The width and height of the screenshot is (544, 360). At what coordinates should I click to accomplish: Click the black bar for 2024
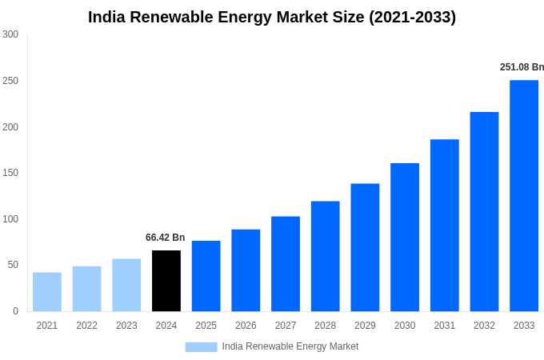pos(166,281)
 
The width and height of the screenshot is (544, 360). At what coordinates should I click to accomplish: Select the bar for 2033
pos(524,196)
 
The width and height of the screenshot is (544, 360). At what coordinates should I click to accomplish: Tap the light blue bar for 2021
pos(47,292)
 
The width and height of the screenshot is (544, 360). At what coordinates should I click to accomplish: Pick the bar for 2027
pos(286,264)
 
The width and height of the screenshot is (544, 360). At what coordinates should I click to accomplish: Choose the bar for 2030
pos(405,238)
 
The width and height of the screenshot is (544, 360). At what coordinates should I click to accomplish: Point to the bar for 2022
pos(86,289)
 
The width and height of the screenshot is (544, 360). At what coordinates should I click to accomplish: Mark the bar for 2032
pos(484,212)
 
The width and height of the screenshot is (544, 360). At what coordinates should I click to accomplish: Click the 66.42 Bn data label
pos(165,238)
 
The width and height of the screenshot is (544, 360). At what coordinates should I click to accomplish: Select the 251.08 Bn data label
pos(522,67)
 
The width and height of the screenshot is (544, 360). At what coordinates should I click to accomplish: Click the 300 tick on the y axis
pos(10,34)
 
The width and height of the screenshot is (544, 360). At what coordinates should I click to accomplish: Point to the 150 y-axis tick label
pos(10,173)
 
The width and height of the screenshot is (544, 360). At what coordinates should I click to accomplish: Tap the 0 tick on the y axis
pos(15,311)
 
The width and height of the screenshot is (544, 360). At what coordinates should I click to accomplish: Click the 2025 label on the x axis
pos(206,326)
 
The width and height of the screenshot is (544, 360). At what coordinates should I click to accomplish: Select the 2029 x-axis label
pos(365,326)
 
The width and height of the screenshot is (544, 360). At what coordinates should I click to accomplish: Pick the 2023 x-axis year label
pos(126,326)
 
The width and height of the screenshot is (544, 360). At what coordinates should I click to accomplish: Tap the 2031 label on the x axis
pos(444,326)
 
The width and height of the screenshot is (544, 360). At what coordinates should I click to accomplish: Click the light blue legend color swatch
pos(201,346)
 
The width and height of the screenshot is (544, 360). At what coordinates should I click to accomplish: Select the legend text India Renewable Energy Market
pos(290,346)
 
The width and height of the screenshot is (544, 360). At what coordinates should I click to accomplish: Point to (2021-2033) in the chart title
pos(412,17)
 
